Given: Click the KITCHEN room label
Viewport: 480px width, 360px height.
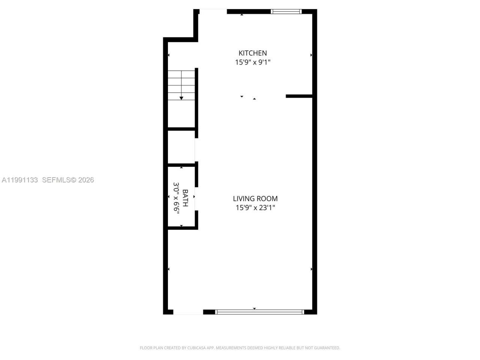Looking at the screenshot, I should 253,53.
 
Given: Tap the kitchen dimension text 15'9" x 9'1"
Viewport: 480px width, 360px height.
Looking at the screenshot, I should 253,62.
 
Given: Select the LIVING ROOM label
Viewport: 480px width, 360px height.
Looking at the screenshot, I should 255,199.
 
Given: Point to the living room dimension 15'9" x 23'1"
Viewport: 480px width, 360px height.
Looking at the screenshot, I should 255,208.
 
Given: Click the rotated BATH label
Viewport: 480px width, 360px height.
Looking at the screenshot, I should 185,198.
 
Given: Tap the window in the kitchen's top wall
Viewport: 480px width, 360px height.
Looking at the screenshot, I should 286,12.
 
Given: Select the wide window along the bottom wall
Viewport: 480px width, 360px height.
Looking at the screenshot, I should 260,312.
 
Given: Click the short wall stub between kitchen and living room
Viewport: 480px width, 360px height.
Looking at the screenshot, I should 299,96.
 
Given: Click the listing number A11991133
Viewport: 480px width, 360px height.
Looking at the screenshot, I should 20,180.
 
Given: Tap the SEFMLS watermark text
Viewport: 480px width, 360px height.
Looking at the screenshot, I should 56,180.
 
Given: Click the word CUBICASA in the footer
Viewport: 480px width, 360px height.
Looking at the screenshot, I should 196,348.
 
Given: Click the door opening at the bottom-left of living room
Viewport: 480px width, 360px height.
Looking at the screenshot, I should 188,312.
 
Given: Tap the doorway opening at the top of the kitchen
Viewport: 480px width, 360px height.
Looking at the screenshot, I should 213,12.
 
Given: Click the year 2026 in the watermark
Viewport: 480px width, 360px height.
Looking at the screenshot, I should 86,180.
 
